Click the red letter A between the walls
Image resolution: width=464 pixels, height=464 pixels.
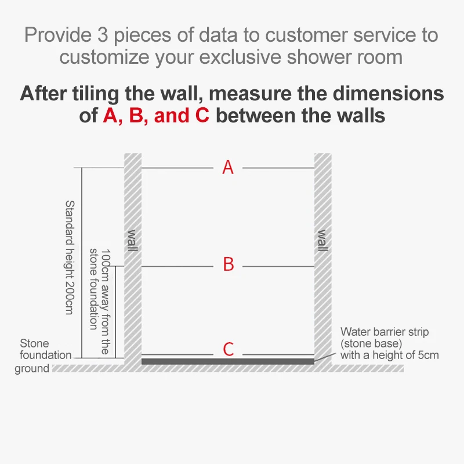click(228, 168)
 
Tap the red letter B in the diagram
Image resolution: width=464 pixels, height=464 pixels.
click(229, 265)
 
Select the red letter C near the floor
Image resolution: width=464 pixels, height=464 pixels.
click(229, 349)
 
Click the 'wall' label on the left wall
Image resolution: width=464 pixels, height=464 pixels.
click(133, 241)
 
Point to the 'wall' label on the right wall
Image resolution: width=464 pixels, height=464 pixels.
click(322, 241)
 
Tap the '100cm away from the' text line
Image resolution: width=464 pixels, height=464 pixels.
click(105, 301)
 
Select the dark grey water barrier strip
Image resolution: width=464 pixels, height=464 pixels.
click(228, 361)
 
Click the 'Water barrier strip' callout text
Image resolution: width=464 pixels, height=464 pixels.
click(385, 332)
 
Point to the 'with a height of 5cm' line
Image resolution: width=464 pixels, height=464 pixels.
click(389, 355)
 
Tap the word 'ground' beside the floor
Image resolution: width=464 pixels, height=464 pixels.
click(32, 369)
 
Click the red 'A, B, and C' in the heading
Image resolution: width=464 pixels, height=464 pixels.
click(155, 115)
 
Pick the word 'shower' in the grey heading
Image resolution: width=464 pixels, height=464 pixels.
click(328, 57)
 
